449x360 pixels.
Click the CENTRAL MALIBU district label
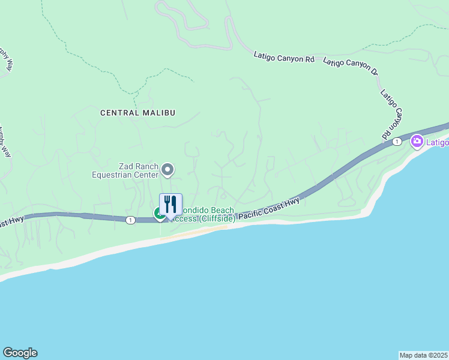coord(133,112)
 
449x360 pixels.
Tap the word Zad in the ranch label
coord(125,166)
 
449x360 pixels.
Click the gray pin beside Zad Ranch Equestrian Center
coord(168,170)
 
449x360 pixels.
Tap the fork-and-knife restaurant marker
coord(170,205)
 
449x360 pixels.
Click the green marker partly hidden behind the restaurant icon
coord(158,213)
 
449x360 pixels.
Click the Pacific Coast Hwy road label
coord(268,211)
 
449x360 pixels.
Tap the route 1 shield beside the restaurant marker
coord(130,220)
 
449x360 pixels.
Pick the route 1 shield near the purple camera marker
coord(397,142)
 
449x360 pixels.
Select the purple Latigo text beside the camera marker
coord(438,142)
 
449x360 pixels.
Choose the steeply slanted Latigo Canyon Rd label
coord(391,115)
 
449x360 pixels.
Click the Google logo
coord(20,353)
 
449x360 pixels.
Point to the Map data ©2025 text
coord(423,355)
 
